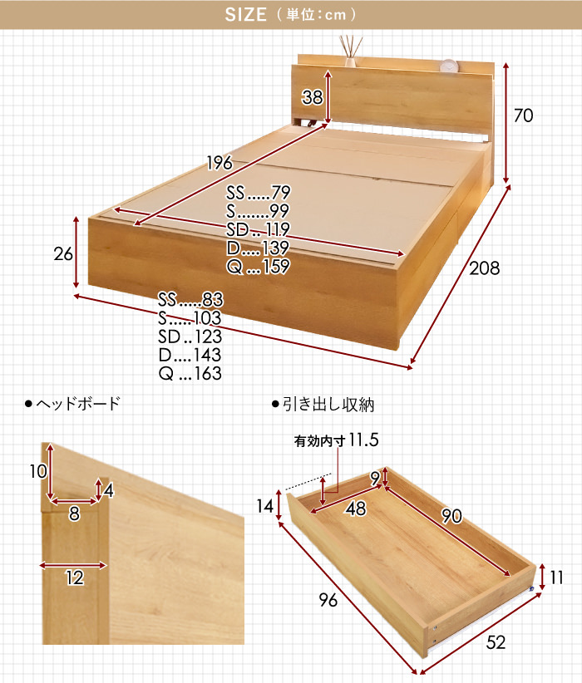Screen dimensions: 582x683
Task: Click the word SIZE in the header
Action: (245, 15)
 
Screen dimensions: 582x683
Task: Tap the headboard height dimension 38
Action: (312, 97)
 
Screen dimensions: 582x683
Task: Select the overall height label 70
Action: (523, 115)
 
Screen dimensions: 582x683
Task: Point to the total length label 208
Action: (485, 268)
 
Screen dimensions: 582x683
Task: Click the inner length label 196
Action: (219, 163)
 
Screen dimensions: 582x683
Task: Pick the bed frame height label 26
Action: (63, 254)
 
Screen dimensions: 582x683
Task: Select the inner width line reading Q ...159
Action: (258, 266)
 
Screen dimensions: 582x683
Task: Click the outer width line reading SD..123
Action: (190, 337)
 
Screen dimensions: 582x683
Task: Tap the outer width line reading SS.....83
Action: (190, 300)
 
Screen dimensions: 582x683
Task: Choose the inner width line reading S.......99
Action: (258, 211)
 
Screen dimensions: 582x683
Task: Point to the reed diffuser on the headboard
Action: (351, 52)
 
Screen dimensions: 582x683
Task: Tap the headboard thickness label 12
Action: (74, 577)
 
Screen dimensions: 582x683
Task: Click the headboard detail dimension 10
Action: (38, 471)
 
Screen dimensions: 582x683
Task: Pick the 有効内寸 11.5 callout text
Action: (336, 440)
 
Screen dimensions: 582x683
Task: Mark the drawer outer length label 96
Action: (328, 600)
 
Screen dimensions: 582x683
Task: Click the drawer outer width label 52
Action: (496, 642)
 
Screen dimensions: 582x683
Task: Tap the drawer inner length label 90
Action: (451, 516)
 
